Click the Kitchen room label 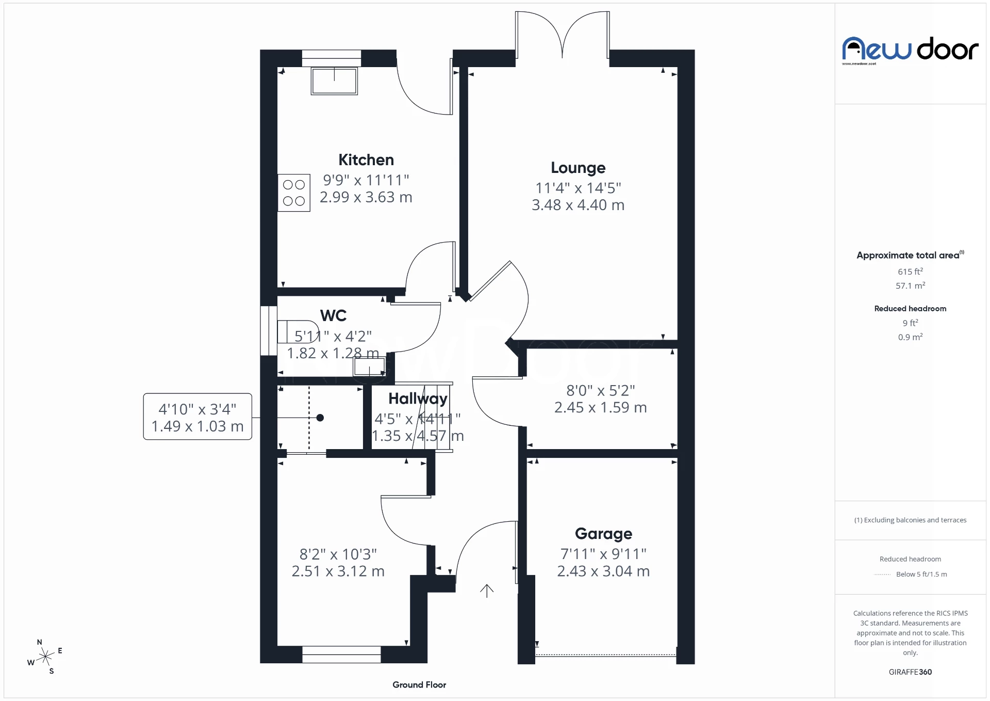[366, 160]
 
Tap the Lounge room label [578, 168]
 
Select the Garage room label [603, 534]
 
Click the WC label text [333, 315]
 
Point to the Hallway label [418, 399]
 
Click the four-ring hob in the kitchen [294, 193]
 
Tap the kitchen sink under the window [334, 81]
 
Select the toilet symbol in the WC [296, 331]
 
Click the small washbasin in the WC [369, 367]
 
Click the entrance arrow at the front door [487, 591]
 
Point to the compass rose [45, 657]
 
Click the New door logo [910, 50]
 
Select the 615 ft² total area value [910, 272]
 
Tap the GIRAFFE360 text [910, 672]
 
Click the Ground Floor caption [419, 685]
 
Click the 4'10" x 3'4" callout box [197, 417]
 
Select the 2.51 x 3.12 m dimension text [338, 571]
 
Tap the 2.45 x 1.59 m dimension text [600, 408]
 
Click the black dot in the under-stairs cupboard [320, 418]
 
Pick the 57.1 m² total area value [910, 285]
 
